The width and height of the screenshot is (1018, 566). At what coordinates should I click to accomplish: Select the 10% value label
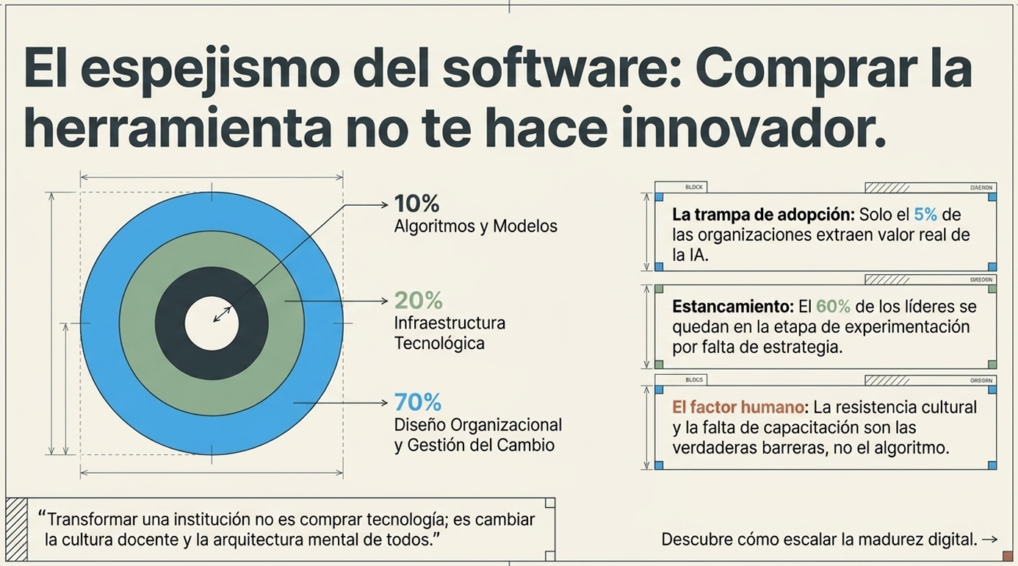tap(416, 204)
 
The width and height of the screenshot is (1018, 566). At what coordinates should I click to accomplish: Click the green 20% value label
tap(419, 300)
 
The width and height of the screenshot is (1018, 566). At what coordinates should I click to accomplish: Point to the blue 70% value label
tap(418, 402)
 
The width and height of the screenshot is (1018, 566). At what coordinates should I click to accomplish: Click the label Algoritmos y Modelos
tap(475, 226)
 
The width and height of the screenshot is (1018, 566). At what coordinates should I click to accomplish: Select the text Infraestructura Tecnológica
tap(449, 333)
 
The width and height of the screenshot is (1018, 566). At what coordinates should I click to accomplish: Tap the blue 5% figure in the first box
tap(925, 215)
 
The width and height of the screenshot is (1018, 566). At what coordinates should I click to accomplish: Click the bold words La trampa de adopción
tap(763, 215)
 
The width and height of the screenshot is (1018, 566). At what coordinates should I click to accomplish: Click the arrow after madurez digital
tap(989, 540)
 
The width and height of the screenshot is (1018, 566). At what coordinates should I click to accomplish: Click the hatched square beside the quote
tap(16, 529)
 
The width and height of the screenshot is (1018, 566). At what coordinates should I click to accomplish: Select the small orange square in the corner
tap(1007, 555)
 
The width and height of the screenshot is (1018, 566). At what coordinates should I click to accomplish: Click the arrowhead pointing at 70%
tap(384, 403)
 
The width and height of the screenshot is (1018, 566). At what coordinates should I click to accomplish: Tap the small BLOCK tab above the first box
tap(693, 187)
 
